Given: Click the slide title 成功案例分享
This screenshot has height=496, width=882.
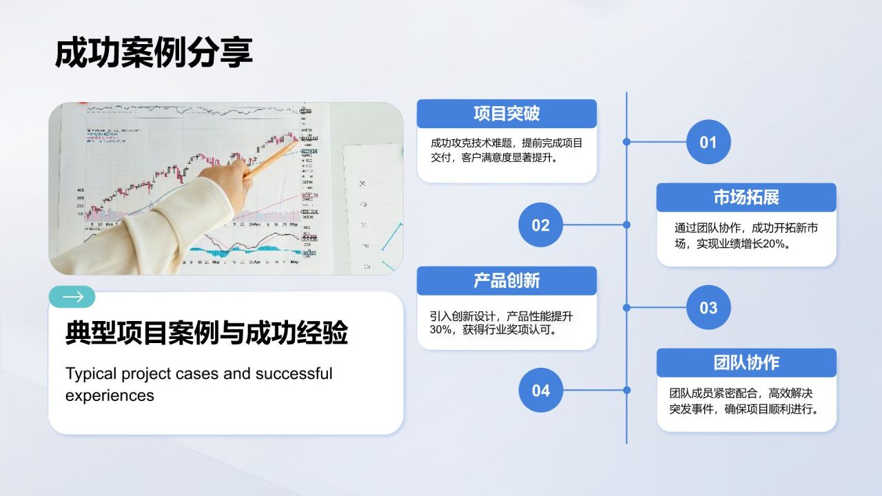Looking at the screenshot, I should pyautogui.click(x=154, y=53).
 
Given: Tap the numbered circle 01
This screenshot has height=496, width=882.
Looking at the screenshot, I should pyautogui.click(x=708, y=142).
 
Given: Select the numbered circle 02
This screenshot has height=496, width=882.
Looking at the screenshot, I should pyautogui.click(x=540, y=225).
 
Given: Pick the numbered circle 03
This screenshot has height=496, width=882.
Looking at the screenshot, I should pyautogui.click(x=708, y=307).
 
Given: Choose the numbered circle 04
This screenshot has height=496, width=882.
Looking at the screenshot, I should pyautogui.click(x=540, y=390).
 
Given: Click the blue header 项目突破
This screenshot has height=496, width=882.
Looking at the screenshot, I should pyautogui.click(x=506, y=114).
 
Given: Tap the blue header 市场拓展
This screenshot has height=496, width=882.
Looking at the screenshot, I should pyautogui.click(x=746, y=197).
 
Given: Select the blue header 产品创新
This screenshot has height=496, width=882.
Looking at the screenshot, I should pyautogui.click(x=506, y=280).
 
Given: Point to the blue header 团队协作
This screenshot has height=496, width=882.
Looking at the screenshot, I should pyautogui.click(x=746, y=362).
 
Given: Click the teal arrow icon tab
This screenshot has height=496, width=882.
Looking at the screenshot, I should pyautogui.click(x=72, y=297).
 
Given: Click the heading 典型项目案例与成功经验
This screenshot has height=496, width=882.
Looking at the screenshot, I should pyautogui.click(x=207, y=333).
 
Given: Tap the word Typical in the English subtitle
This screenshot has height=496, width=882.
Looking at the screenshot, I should pyautogui.click(x=90, y=374).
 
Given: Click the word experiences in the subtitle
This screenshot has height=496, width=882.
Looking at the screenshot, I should pyautogui.click(x=110, y=395).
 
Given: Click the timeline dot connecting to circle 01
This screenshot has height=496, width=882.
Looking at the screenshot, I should pyautogui.click(x=626, y=142).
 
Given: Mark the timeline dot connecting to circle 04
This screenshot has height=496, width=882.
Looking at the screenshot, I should pyautogui.click(x=626, y=390).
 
